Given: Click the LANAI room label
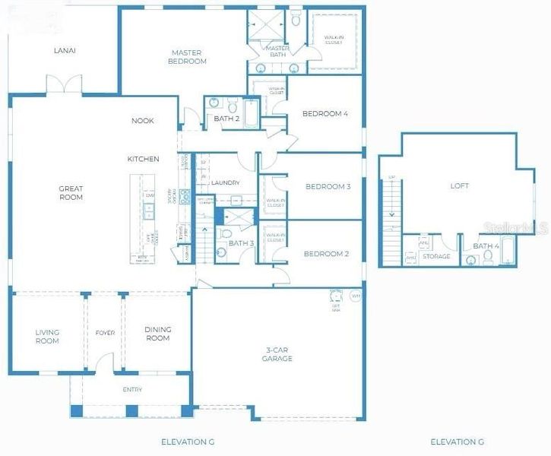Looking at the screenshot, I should (x=65, y=51).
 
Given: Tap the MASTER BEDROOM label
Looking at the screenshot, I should (x=186, y=57).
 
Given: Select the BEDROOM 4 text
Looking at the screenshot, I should (x=325, y=114).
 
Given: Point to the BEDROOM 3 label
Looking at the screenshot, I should (x=328, y=186).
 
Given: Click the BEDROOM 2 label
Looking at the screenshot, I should (x=325, y=254).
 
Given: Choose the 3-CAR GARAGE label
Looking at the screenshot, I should (x=277, y=354).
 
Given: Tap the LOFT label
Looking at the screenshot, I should (x=460, y=185).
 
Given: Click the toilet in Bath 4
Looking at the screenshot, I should (x=488, y=258).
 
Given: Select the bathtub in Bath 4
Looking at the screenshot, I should (x=508, y=255).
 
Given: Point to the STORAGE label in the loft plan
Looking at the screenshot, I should (x=436, y=257).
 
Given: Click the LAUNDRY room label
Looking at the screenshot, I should (x=226, y=183).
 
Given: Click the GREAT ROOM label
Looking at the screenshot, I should (x=71, y=193).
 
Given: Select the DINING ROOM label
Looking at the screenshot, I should (x=158, y=334).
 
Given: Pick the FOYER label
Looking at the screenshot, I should (x=105, y=333).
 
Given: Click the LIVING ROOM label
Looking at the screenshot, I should (x=47, y=336).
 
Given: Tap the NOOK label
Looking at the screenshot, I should (x=142, y=120).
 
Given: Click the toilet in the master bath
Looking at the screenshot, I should (x=296, y=21).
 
